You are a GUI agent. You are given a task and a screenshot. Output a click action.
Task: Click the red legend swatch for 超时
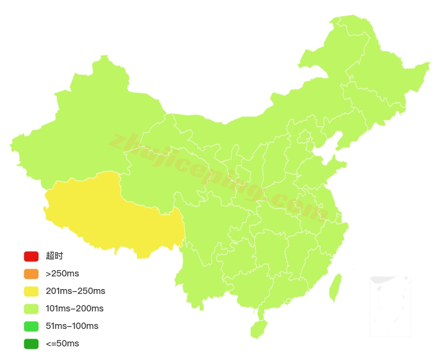(31, 256)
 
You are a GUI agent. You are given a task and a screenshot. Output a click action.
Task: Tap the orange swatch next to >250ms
(31, 274)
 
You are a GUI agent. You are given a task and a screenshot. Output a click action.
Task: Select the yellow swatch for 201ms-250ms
(31, 291)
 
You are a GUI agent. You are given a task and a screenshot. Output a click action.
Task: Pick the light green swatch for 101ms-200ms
(31, 309)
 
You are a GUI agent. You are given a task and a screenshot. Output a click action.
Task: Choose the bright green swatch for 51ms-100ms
(31, 326)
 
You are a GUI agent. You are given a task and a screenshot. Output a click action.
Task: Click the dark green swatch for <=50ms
(31, 343)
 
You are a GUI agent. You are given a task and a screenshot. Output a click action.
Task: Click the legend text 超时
(54, 256)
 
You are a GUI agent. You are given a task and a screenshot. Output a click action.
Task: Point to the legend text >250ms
(62, 274)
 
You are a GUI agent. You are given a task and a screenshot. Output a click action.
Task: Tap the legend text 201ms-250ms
(75, 291)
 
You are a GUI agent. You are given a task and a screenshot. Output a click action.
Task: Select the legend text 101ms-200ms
(74, 309)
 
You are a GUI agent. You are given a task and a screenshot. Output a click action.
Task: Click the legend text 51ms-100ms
(72, 326)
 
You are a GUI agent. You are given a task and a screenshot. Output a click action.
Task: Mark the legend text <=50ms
(62, 343)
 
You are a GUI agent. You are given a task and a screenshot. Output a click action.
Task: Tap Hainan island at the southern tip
(258, 328)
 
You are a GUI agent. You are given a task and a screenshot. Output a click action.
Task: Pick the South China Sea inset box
(391, 306)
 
